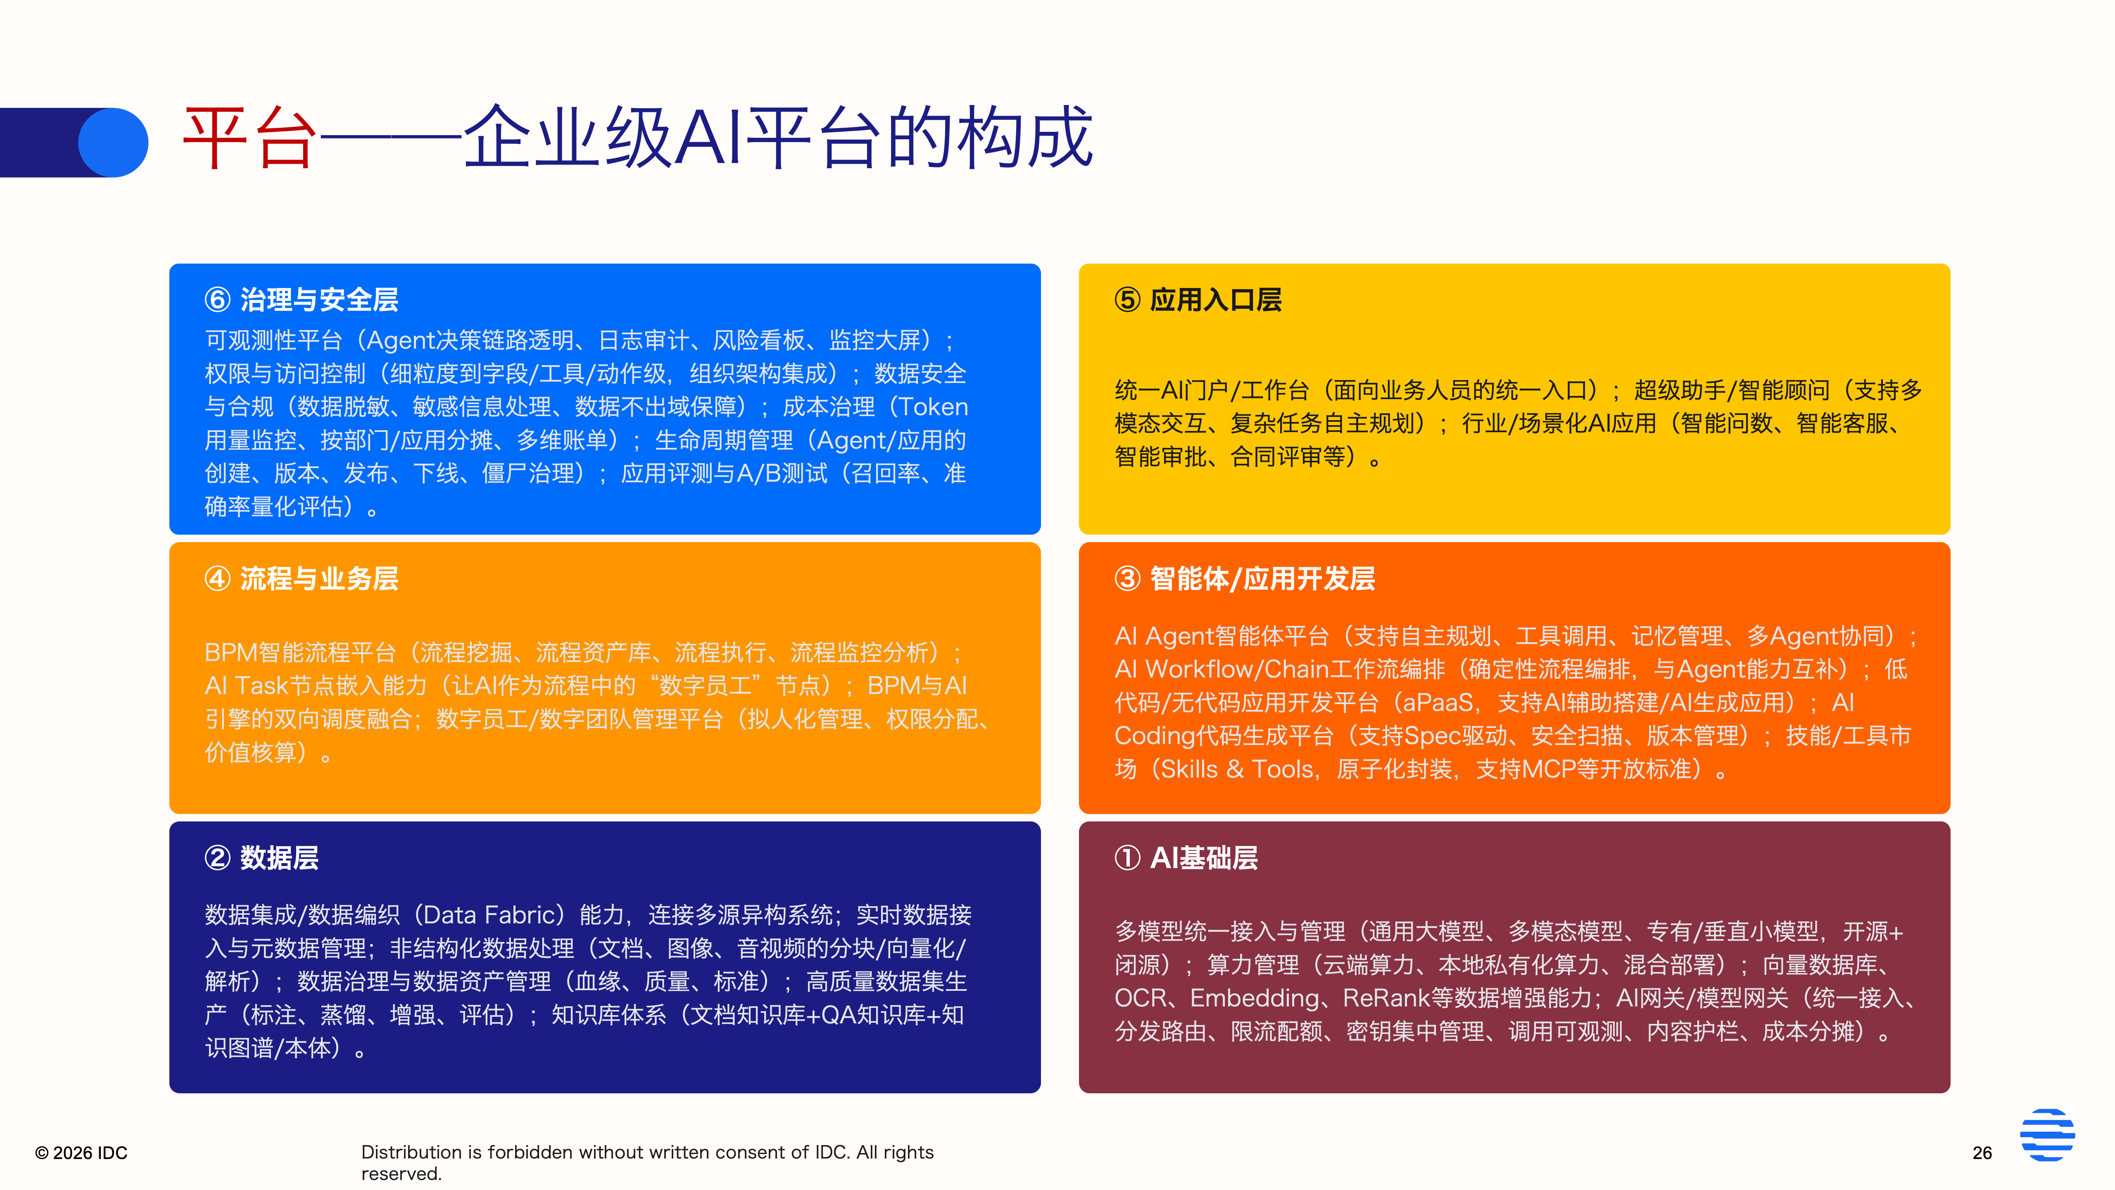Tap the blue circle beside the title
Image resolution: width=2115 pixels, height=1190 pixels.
coord(113,142)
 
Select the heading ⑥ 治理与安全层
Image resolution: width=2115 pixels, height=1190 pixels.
coord(301,300)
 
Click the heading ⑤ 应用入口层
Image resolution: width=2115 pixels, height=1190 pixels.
coord(1198,300)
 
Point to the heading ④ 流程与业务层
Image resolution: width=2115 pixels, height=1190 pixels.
coord(301,579)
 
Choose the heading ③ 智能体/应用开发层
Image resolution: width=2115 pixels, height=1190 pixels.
coord(1245,579)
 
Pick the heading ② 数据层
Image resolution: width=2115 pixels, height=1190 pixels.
coord(261,858)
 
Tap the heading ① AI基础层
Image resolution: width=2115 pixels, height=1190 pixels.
coord(1186,858)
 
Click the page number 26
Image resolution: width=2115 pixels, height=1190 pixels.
coord(1982,1153)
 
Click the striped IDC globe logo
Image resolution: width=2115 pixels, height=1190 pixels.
coord(2047,1135)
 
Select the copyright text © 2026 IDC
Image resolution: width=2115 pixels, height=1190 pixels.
coord(81,1153)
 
